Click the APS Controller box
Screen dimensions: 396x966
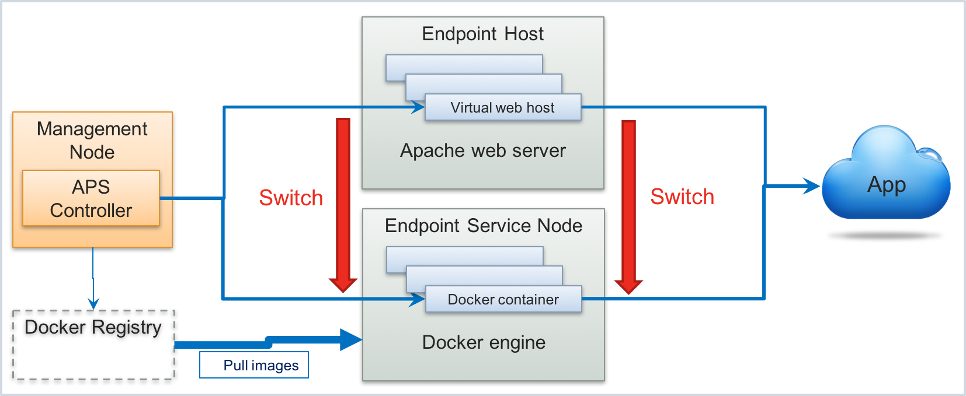91,198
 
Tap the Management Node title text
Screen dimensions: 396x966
92,140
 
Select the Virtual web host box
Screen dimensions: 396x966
503,107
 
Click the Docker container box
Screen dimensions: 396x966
503,299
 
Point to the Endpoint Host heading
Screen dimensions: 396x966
482,34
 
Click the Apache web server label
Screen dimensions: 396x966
482,150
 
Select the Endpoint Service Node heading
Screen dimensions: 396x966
483,226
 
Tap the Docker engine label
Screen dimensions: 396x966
484,342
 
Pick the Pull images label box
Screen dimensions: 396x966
254,365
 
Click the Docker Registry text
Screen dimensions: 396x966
93,327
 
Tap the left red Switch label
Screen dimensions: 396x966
291,198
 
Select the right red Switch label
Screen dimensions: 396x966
682,197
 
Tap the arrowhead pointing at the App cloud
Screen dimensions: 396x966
812,186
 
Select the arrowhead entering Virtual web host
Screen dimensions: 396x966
418,107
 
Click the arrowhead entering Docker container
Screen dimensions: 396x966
418,299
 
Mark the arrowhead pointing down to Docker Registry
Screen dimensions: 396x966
93,303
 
